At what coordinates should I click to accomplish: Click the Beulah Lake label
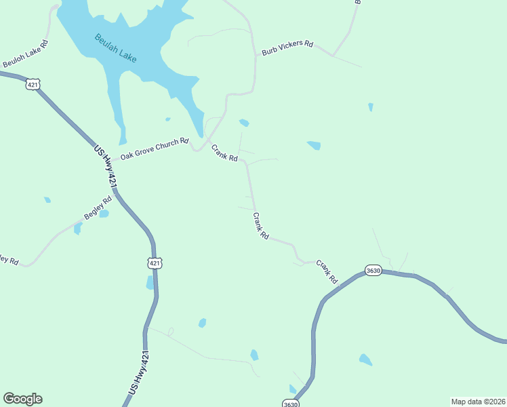click(x=116, y=48)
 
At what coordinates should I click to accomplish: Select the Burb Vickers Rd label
click(x=287, y=47)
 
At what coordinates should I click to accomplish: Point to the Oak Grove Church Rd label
click(x=154, y=149)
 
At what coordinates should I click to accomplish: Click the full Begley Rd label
click(x=98, y=208)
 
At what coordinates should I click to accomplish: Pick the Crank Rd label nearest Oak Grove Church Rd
click(x=224, y=153)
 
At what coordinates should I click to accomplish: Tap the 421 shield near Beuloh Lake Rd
click(x=34, y=84)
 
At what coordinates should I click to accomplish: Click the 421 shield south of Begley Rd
click(x=155, y=263)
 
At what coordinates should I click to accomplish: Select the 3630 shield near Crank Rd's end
click(x=373, y=270)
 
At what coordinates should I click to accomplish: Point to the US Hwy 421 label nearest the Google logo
click(x=139, y=373)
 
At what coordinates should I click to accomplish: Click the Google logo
click(x=22, y=399)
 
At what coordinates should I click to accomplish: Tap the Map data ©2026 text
click(x=478, y=401)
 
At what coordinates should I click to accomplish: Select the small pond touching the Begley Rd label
click(x=104, y=214)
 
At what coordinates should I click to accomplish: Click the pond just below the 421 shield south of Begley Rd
click(x=150, y=283)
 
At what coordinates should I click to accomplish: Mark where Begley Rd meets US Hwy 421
click(x=117, y=194)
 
